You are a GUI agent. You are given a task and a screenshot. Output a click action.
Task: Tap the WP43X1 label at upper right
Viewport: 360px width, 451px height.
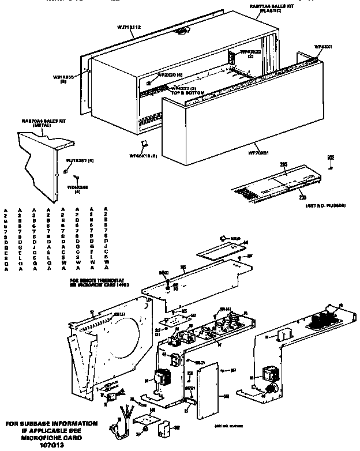coord(323,46)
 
